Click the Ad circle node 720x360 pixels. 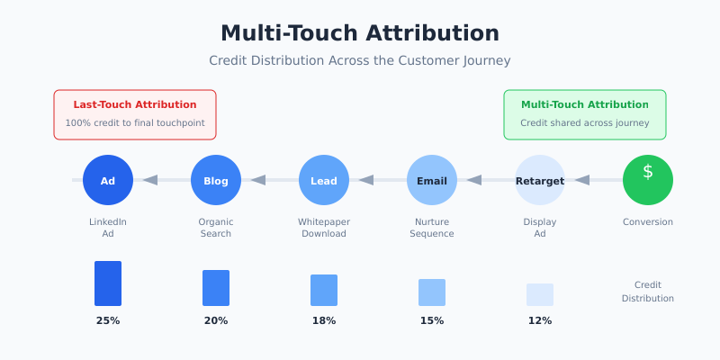pyautogui.click(x=108, y=180)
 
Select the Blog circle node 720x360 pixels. pyautogui.click(x=216, y=180)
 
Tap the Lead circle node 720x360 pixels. pyautogui.click(x=324, y=180)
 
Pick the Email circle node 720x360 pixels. pyautogui.click(x=432, y=180)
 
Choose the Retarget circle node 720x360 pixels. pyautogui.click(x=540, y=180)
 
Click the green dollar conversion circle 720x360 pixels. pyautogui.click(x=648, y=180)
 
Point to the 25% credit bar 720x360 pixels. pyautogui.click(x=108, y=283)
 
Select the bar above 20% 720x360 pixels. pyautogui.click(x=216, y=288)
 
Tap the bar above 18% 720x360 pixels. pyautogui.click(x=324, y=290)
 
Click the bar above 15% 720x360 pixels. pyautogui.click(x=432, y=292)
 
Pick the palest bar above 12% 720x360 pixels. pyautogui.click(x=540, y=294)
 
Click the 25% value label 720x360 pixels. pyautogui.click(x=108, y=320)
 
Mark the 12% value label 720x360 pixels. pyautogui.click(x=540, y=320)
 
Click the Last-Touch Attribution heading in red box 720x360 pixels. pyautogui.click(x=135, y=105)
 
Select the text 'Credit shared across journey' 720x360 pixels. pyautogui.click(x=585, y=123)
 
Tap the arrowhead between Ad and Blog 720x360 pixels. pyautogui.click(x=150, y=180)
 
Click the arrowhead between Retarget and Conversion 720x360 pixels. pyautogui.click(x=582, y=180)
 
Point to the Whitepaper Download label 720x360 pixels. pyautogui.click(x=324, y=228)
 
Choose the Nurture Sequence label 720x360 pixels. pyautogui.click(x=432, y=228)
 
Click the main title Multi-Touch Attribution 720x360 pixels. pyautogui.click(x=360, y=33)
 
